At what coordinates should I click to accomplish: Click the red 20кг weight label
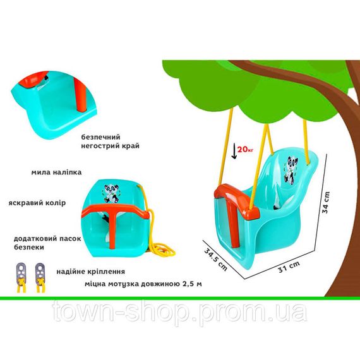pyautogui.click(x=245, y=150)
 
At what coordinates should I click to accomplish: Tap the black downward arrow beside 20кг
pyautogui.click(x=234, y=151)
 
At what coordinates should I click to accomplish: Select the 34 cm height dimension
pyautogui.click(x=326, y=203)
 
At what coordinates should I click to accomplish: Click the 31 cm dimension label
pyautogui.click(x=289, y=267)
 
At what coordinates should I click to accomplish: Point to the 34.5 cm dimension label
pyautogui.click(x=215, y=260)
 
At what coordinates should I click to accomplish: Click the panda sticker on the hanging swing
pyautogui.click(x=290, y=169)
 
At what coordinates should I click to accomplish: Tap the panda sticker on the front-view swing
pyautogui.click(x=111, y=193)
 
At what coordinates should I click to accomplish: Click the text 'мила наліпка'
pyautogui.click(x=56, y=172)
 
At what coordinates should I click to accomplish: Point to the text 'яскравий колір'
pyautogui.click(x=37, y=203)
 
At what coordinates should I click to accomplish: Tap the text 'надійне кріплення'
pyautogui.click(x=91, y=272)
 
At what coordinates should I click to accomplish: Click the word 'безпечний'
pyautogui.click(x=101, y=137)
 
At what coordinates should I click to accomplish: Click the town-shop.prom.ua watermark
pyautogui.click(x=179, y=313)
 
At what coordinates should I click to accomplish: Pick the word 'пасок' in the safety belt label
pyautogui.click(x=70, y=239)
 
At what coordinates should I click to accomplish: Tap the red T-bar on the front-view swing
pyautogui.click(x=112, y=218)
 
